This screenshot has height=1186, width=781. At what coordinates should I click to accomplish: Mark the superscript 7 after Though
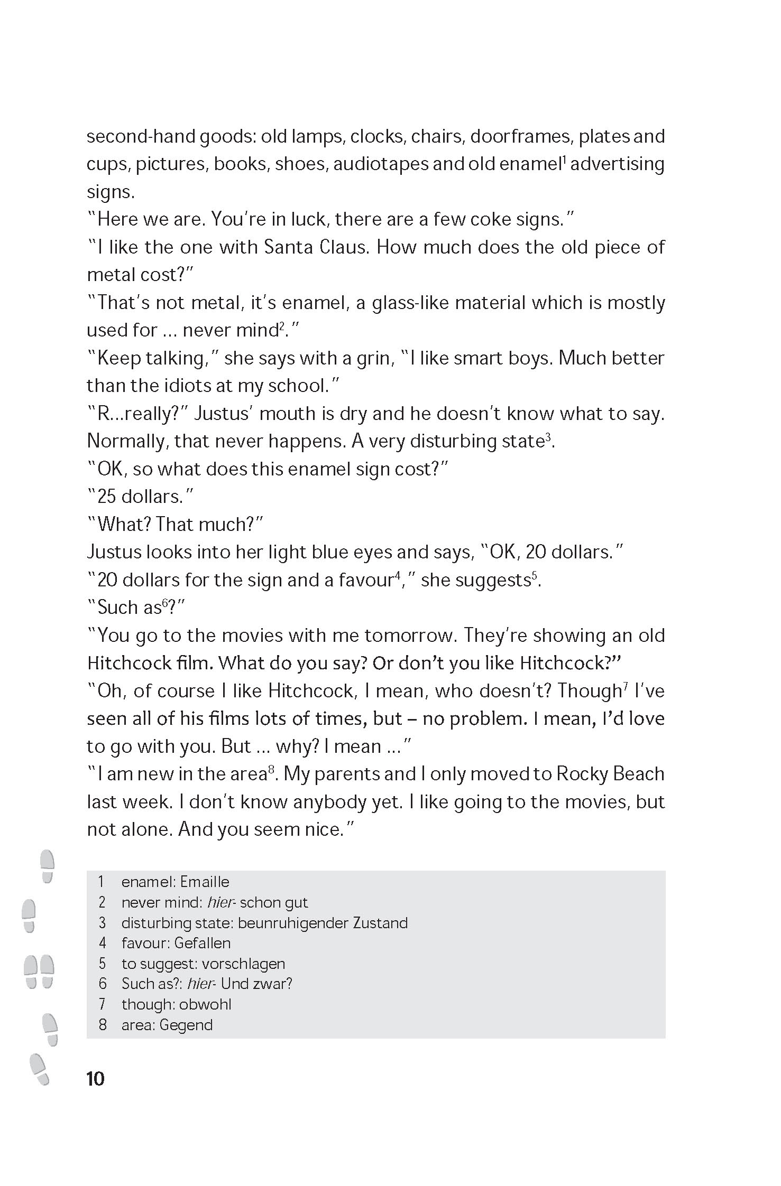click(x=626, y=686)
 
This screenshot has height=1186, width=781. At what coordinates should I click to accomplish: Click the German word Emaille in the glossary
click(x=205, y=882)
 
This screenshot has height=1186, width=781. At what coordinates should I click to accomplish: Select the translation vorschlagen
click(x=243, y=964)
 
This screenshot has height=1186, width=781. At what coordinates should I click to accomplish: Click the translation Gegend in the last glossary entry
click(x=186, y=1025)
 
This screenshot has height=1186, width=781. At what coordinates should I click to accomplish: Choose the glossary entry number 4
click(x=103, y=943)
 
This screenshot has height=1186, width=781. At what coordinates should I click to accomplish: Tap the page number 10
click(x=96, y=1078)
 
